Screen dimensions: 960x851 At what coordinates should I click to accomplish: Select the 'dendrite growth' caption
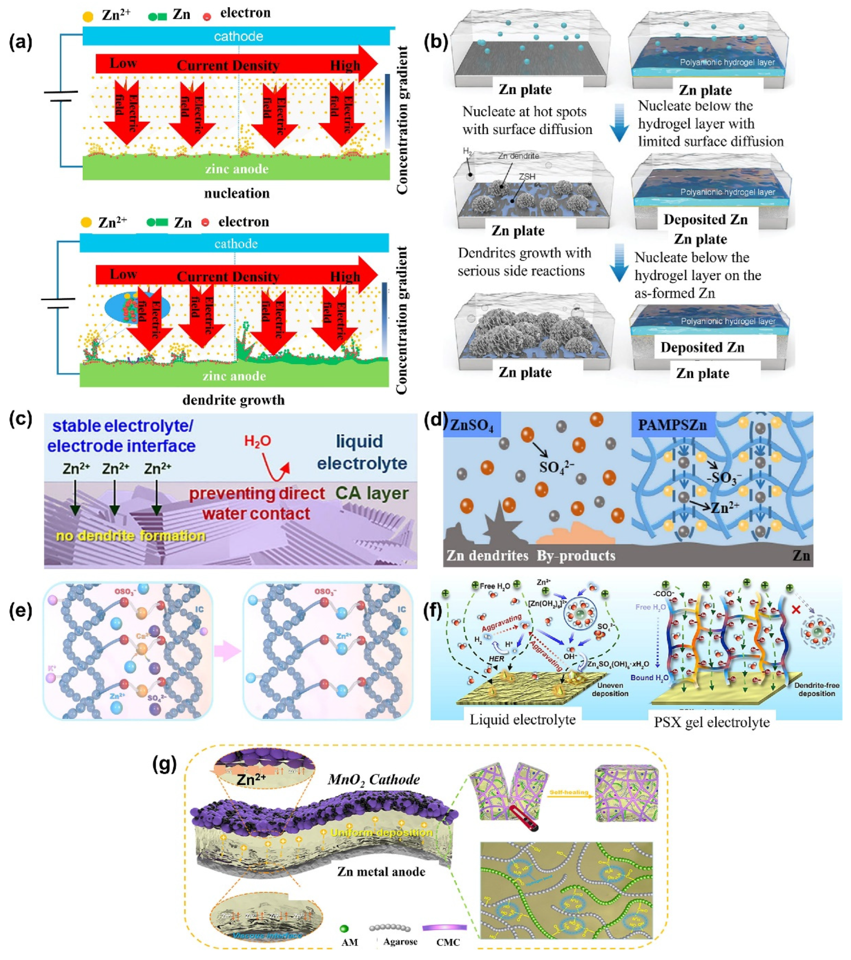(x=233, y=400)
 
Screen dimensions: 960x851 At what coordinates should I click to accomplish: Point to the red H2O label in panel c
(x=257, y=441)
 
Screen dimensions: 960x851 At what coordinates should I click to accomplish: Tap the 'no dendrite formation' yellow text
(x=131, y=535)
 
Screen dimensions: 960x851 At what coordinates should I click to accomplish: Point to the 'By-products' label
(x=576, y=555)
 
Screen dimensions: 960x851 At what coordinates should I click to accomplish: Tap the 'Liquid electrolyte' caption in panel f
(x=522, y=719)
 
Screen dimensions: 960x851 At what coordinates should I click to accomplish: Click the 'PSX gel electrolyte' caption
(x=712, y=722)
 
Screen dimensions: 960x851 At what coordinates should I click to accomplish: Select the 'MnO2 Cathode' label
(x=374, y=780)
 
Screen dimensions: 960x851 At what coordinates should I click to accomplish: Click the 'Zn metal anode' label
(x=381, y=872)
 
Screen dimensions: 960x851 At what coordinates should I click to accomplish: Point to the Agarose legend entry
(x=400, y=942)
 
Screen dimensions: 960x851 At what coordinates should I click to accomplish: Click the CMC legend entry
(x=447, y=942)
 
